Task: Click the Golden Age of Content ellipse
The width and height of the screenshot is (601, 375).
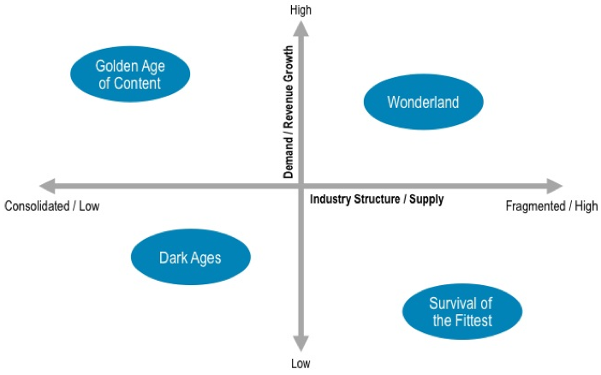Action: [130, 74]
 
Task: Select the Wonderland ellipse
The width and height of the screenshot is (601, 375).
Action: [424, 102]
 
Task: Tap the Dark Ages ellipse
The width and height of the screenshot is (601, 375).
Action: [191, 257]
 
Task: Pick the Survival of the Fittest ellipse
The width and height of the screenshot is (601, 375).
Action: [462, 312]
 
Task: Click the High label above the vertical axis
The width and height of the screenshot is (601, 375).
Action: [300, 10]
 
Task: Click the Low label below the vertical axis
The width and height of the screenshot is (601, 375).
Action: [300, 363]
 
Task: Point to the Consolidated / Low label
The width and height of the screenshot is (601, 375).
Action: [52, 205]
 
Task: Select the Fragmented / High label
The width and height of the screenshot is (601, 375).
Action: [551, 205]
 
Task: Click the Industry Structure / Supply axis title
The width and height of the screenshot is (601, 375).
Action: [377, 199]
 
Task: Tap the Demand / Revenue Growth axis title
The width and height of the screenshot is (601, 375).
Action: [289, 112]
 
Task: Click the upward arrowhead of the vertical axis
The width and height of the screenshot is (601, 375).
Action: [300, 28]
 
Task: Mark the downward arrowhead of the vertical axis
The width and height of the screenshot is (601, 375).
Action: [300, 343]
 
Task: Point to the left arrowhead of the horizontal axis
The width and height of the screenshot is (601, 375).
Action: [48, 187]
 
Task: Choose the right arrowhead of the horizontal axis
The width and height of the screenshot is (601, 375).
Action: [554, 187]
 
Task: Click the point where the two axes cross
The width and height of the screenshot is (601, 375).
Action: [300, 187]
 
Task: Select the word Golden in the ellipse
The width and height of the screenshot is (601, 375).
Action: [112, 66]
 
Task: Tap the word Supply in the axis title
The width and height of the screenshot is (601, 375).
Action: [426, 199]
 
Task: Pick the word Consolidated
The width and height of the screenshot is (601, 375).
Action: [37, 205]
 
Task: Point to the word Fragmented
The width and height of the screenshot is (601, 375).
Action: [535, 205]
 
